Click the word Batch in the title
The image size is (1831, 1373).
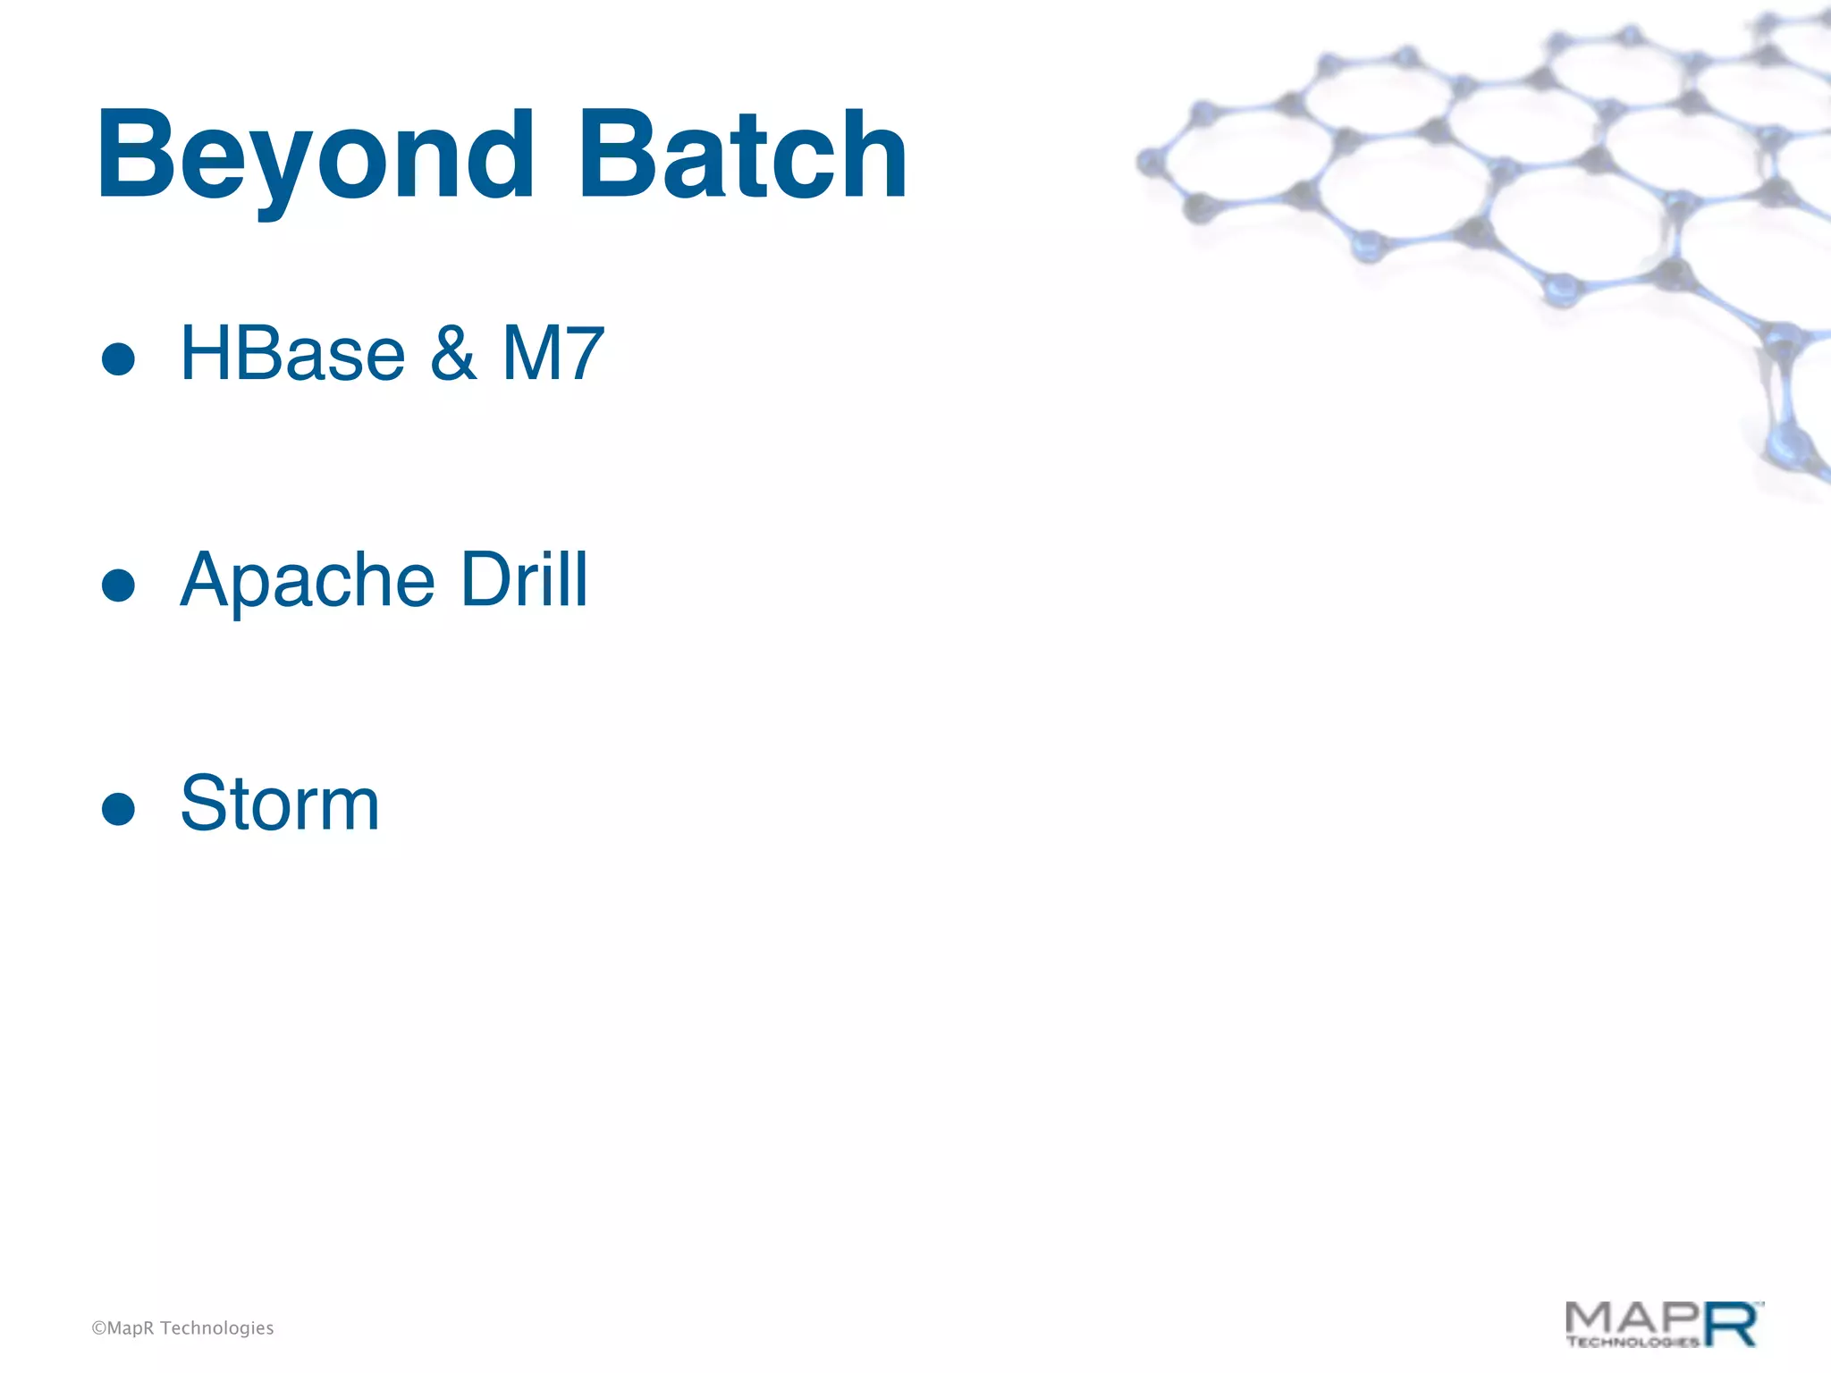point(742,156)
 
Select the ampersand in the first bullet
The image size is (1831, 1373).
point(453,354)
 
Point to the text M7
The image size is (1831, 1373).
point(553,354)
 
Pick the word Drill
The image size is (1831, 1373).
point(524,579)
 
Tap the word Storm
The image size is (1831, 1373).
point(280,804)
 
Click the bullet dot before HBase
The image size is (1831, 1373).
point(118,360)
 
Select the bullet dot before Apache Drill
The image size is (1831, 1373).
point(118,586)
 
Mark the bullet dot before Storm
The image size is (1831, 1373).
point(118,810)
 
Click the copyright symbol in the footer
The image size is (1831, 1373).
point(98,1328)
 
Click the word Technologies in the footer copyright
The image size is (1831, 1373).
point(216,1328)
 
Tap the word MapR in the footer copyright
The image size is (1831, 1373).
point(131,1328)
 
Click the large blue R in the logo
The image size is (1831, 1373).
point(1731,1325)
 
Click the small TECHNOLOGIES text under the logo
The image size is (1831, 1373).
point(1633,1342)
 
